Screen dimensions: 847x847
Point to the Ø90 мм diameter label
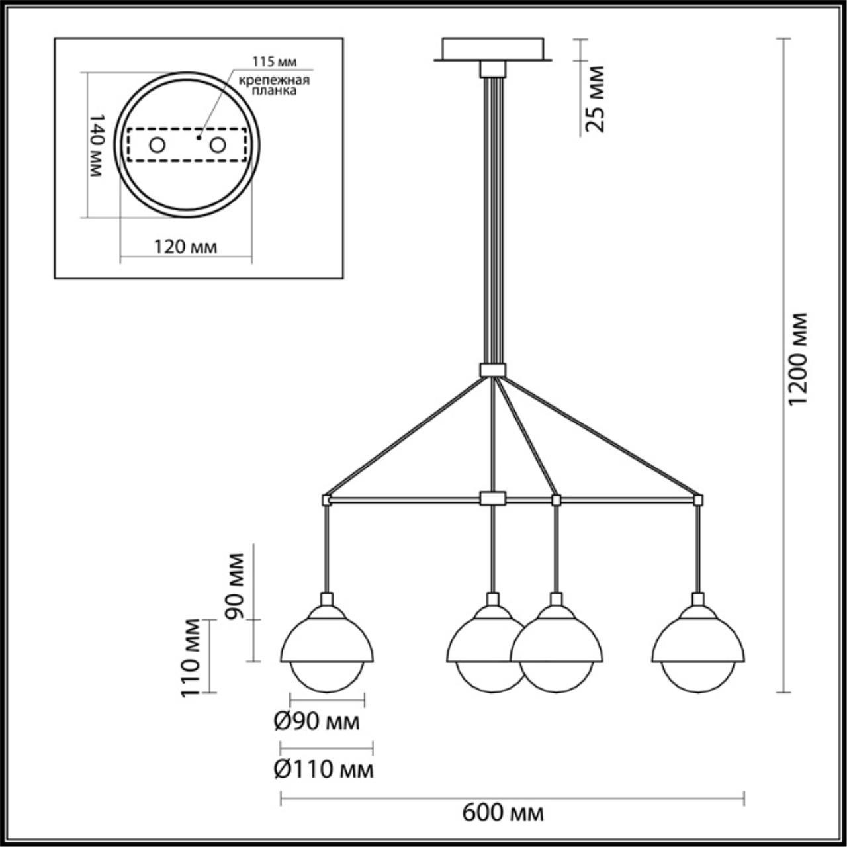click(316, 721)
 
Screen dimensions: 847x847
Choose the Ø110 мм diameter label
click(324, 769)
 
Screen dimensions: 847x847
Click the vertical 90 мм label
click(234, 586)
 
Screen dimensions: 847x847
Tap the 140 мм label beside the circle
click(97, 146)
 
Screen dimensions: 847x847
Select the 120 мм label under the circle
click(185, 247)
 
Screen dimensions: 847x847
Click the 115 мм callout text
click(274, 62)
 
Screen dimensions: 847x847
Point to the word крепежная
click(274, 81)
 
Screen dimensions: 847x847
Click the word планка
click(274, 91)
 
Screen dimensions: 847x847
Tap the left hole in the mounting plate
click(157, 145)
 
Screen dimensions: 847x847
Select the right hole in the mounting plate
click(218, 145)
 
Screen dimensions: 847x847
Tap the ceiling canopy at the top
click(493, 49)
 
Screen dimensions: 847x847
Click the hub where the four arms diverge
click(493, 370)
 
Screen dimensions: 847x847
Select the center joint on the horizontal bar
click(493, 498)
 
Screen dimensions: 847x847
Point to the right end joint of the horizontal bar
click(698, 500)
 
